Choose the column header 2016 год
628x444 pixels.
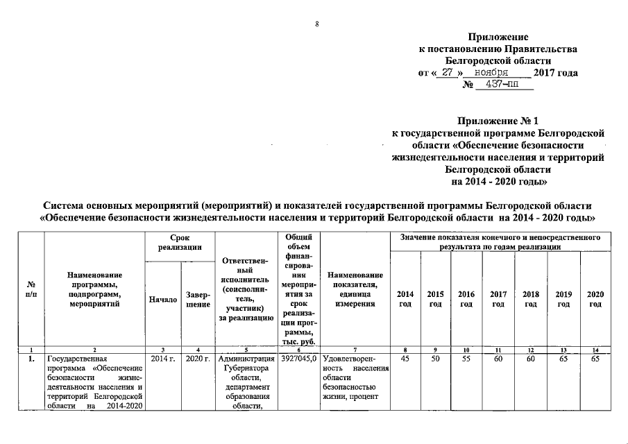pyautogui.click(x=466, y=300)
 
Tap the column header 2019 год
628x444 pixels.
pyautogui.click(x=563, y=300)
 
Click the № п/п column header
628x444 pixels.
pyautogui.click(x=31, y=290)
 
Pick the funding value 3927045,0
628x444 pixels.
pyautogui.click(x=299, y=359)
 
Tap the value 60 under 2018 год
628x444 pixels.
pyautogui.click(x=531, y=359)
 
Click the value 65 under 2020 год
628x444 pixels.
pyautogui.click(x=595, y=359)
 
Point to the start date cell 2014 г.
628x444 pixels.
pyautogui.click(x=161, y=359)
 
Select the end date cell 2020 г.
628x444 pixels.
pyautogui.click(x=198, y=359)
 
